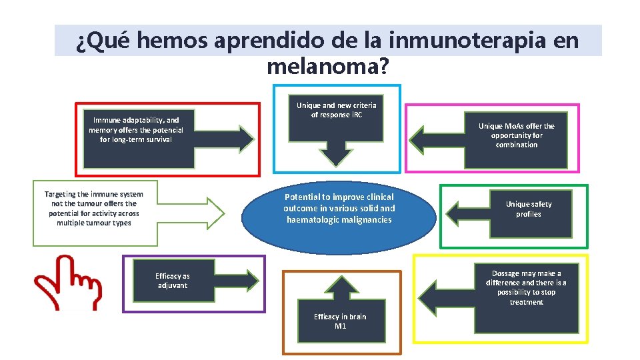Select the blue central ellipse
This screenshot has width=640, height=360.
pyautogui.click(x=339, y=213)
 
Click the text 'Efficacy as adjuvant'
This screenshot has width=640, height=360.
pyautogui.click(x=172, y=281)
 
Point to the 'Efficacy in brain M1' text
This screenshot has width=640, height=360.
pyautogui.click(x=340, y=321)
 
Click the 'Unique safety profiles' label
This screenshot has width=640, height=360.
pyautogui.click(x=528, y=209)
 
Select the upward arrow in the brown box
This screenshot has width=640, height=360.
pyautogui.click(x=340, y=292)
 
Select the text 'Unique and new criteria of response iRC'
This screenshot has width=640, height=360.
pyautogui.click(x=336, y=110)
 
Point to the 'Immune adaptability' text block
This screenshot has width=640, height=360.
pyautogui.click(x=135, y=130)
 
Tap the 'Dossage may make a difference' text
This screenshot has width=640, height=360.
pyautogui.click(x=526, y=288)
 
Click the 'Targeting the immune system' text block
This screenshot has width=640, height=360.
pyautogui.click(x=94, y=208)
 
